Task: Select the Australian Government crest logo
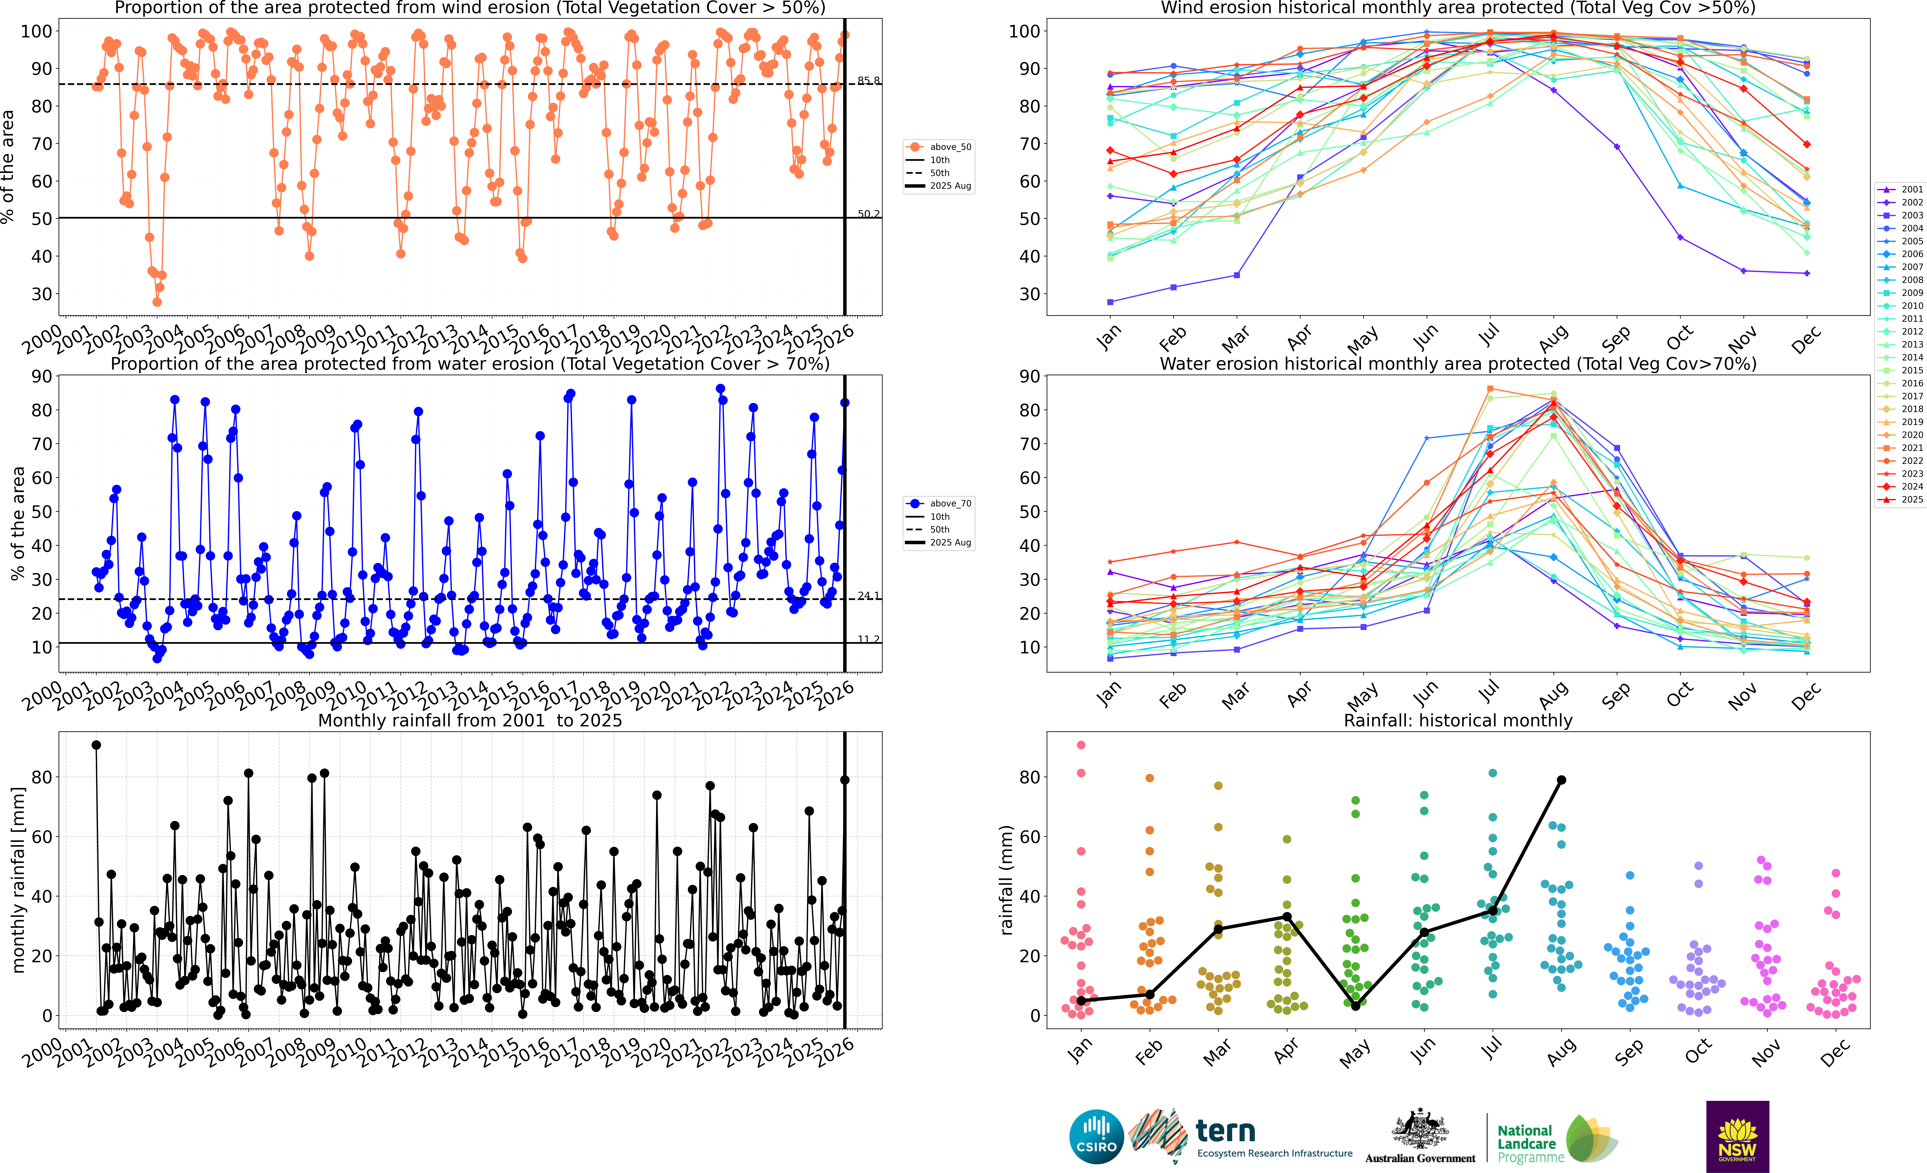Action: tap(1419, 1130)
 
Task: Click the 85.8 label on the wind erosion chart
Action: tap(868, 81)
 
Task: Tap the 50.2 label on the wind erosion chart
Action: tap(868, 213)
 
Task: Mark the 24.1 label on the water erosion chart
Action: tap(868, 596)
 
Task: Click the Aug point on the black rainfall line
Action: tap(1561, 780)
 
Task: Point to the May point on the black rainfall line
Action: tap(1355, 1006)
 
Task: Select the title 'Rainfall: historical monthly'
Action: tap(1458, 720)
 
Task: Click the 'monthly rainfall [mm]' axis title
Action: tap(19, 880)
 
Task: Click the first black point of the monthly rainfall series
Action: tap(96, 745)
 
